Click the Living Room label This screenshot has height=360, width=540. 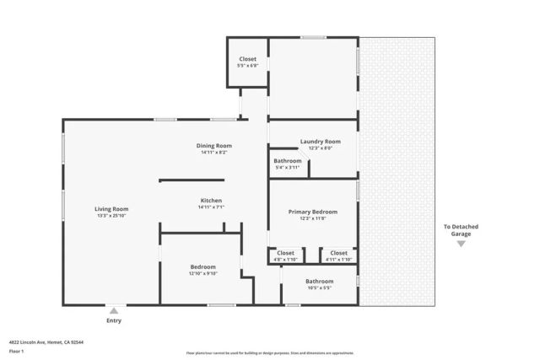click(x=111, y=208)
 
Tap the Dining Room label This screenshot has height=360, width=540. click(x=213, y=145)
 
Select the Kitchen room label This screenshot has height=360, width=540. click(x=210, y=200)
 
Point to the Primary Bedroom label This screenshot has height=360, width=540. click(x=312, y=212)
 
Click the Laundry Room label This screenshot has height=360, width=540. click(x=320, y=141)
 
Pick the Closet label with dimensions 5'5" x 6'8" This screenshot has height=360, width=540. click(x=247, y=59)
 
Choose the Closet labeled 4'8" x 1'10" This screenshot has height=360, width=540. click(x=286, y=252)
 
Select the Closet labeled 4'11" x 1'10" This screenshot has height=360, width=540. click(x=338, y=252)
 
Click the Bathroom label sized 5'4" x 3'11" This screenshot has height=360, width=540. click(x=288, y=160)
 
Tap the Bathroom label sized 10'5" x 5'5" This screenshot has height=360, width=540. click(x=319, y=281)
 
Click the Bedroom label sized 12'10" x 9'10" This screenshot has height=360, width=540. click(x=202, y=266)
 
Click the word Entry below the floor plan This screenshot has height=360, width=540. click(x=113, y=320)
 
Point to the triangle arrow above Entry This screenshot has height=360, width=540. click(x=113, y=309)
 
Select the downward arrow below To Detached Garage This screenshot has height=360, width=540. click(x=461, y=244)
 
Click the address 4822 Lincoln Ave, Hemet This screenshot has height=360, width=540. click(x=46, y=342)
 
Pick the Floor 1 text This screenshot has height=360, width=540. click(x=16, y=351)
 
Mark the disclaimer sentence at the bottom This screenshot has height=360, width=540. click(x=270, y=353)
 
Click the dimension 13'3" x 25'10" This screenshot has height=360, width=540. click(x=111, y=216)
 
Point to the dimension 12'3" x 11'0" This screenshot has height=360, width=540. click(x=312, y=218)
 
